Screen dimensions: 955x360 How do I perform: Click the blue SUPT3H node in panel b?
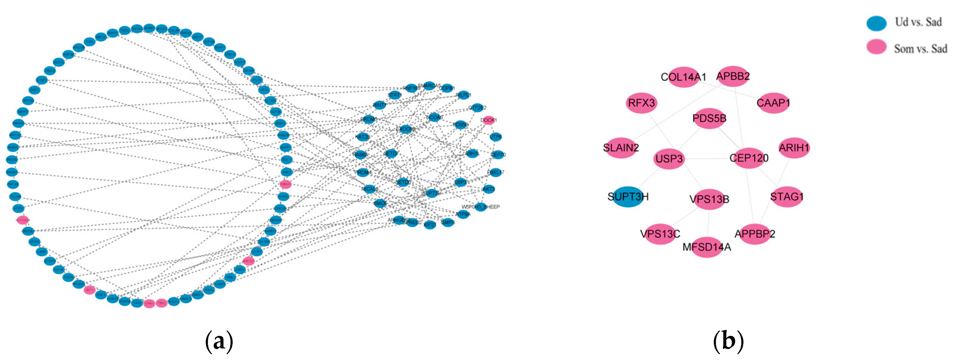(628, 197)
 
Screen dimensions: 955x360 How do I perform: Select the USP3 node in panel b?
(669, 159)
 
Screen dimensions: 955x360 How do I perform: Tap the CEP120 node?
(749, 158)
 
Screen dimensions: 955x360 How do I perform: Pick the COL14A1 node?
(683, 77)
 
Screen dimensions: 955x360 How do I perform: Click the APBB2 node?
(733, 76)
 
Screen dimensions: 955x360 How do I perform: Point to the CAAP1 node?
(773, 103)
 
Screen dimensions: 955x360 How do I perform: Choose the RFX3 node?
(641, 103)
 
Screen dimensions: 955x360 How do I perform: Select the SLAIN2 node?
(621, 148)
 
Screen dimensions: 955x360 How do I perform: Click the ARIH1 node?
(794, 148)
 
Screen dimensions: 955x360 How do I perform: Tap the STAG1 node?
(787, 197)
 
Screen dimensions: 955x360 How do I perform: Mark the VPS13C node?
(660, 234)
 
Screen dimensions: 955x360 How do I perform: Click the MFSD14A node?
(707, 247)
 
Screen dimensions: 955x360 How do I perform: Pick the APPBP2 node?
(755, 234)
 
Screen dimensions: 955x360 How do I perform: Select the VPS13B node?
(709, 199)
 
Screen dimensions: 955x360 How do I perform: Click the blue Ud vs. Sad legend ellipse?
(877, 23)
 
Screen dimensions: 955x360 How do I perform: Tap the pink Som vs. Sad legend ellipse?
(877, 47)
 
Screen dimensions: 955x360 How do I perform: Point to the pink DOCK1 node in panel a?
(488, 120)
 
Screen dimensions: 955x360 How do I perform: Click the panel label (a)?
(219, 341)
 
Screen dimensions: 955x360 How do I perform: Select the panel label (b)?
(728, 341)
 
